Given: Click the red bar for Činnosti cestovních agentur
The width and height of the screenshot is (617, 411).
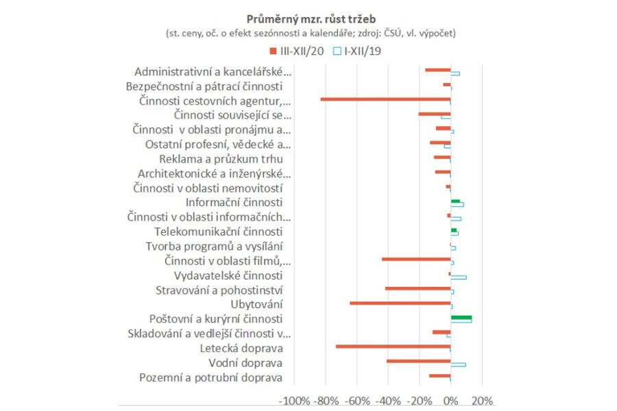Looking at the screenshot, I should (385, 99).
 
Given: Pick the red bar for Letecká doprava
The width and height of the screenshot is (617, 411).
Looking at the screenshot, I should (393, 346).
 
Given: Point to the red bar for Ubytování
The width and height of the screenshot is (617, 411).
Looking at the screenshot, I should (400, 302).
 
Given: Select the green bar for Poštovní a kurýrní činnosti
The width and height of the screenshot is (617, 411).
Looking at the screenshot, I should (461, 317).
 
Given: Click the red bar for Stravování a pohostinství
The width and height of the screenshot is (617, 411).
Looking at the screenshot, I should (418, 288).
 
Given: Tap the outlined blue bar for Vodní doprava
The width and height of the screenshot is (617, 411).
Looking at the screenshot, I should (458, 364).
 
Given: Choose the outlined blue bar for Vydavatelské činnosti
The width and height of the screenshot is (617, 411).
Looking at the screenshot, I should (458, 277).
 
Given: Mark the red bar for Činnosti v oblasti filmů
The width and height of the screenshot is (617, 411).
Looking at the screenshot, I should (415, 259).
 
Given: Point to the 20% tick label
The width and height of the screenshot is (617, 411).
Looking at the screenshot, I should (483, 401).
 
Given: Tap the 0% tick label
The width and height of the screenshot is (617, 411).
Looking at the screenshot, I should (450, 401).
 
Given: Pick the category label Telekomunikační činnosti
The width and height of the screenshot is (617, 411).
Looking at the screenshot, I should (218, 232).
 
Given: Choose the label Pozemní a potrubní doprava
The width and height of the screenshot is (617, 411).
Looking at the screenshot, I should (210, 377).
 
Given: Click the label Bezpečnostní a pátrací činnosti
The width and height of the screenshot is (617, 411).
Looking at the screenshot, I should (204, 86).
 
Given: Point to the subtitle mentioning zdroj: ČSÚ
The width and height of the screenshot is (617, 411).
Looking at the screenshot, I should (310, 33).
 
